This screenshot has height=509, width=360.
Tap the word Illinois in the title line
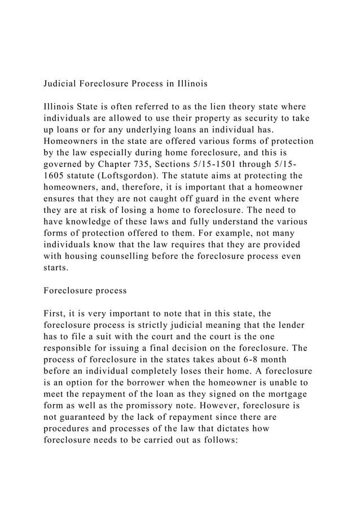(190, 84)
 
